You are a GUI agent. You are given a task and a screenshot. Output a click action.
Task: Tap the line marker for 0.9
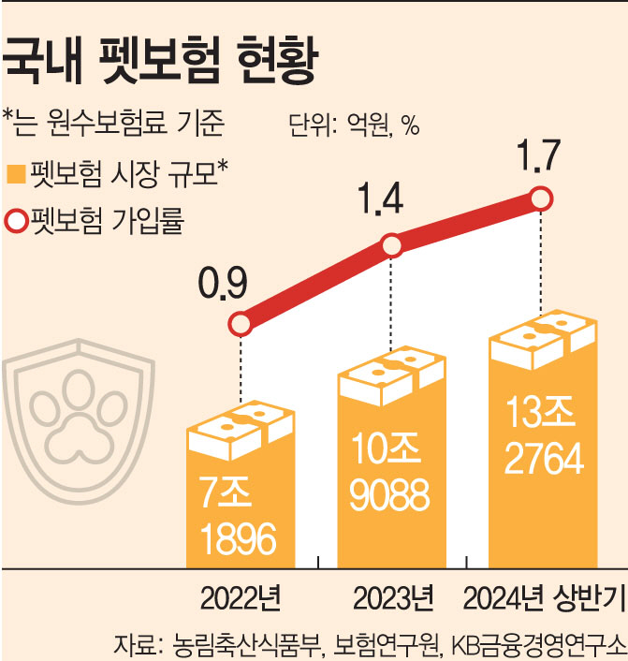tap(241, 324)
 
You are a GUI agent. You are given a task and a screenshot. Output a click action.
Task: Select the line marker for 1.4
tap(392, 246)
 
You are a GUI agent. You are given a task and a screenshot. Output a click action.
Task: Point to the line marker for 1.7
tap(540, 198)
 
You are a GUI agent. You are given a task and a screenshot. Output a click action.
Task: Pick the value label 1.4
tap(379, 201)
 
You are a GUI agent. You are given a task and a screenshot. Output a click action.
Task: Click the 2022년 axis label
tap(241, 597)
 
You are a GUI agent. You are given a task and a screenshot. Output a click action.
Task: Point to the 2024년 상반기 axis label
tap(541, 597)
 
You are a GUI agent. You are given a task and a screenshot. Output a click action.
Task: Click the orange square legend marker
tap(15, 174)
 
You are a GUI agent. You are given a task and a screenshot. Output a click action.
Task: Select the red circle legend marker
tap(15, 223)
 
